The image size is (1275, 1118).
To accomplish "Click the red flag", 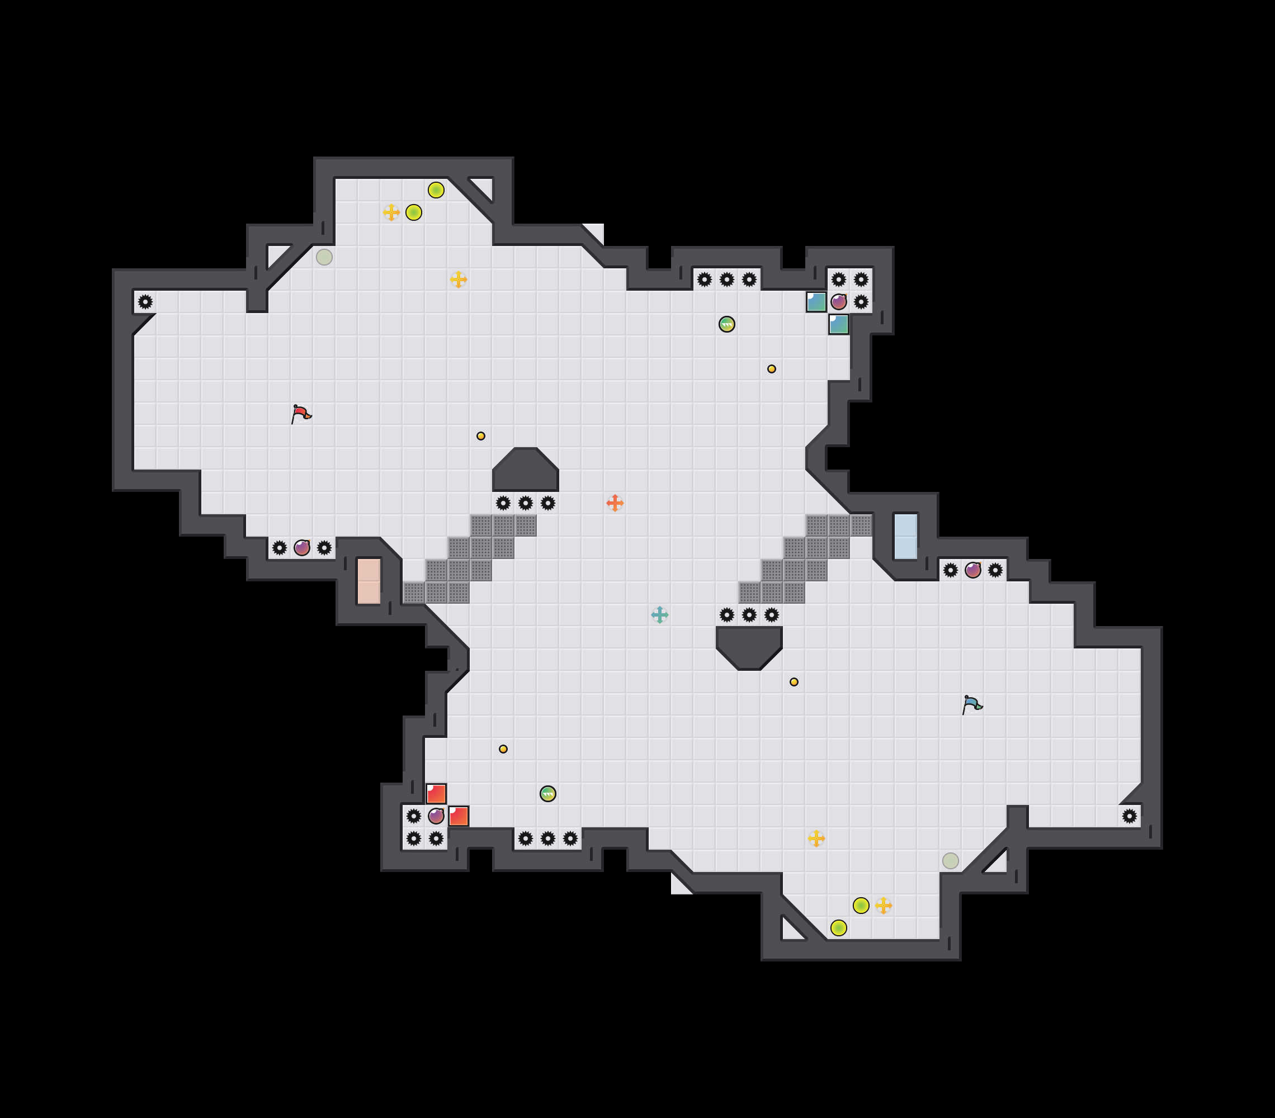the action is [301, 414].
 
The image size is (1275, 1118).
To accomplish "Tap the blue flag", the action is [972, 704].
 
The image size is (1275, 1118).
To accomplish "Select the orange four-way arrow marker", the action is [615, 503].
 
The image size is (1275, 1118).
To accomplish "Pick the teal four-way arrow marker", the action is [659, 615].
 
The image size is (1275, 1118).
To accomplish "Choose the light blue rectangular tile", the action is [905, 536].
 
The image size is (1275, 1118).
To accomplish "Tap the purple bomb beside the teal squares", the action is [838, 302].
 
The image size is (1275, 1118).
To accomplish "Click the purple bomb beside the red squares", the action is [436, 816].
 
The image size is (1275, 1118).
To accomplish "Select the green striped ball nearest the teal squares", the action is [727, 324].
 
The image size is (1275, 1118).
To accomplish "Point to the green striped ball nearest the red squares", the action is [547, 793].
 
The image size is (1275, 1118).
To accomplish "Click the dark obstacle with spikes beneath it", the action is [525, 470].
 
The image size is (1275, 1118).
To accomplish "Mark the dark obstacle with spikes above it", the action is [749, 647].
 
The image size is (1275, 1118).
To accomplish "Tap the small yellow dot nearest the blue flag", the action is [794, 681].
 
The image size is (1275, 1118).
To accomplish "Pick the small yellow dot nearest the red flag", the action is [480, 436].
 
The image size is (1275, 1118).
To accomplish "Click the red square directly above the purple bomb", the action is [436, 793].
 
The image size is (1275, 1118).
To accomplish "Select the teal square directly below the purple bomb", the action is [838, 324].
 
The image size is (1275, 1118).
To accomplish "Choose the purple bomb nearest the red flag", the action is [302, 547].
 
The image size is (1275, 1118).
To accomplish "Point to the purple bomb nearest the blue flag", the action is [972, 570].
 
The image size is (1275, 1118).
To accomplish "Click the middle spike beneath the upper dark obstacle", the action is [525, 503].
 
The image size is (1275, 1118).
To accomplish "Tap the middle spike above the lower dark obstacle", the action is [749, 615].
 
